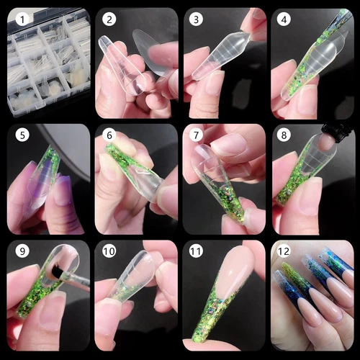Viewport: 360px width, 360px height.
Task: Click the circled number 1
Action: point(22,20)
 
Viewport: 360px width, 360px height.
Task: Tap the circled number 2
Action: point(109,20)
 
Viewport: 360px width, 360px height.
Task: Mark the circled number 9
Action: point(22,252)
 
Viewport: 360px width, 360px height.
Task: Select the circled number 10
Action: point(109,252)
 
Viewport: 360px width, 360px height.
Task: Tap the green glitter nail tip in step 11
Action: point(209,324)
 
